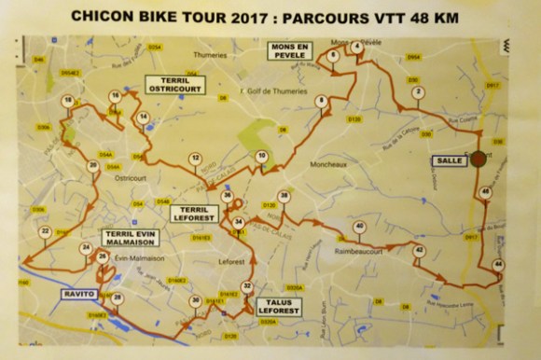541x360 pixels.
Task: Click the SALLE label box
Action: click(449, 160)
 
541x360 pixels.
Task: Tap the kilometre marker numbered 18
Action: click(67, 101)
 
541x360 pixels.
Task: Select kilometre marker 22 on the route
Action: click(44, 231)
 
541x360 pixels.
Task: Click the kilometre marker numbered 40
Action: click(359, 227)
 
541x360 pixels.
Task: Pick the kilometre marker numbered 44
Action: click(498, 265)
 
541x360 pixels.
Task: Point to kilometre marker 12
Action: click(194, 159)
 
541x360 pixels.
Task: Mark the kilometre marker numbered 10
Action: click(262, 156)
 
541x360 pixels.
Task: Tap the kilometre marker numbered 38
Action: click(284, 196)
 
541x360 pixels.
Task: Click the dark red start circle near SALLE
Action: click(479, 159)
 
